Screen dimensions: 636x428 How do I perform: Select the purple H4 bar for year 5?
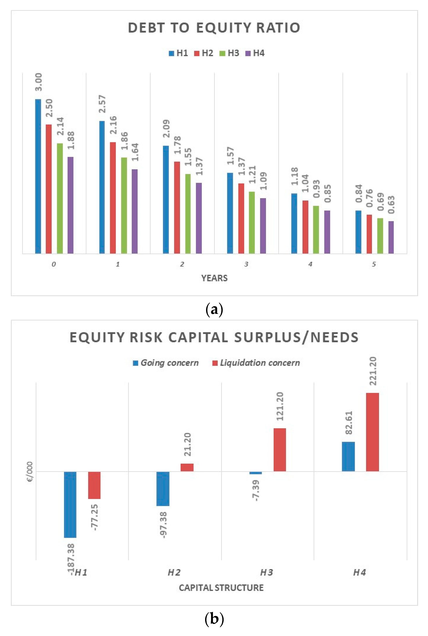point(391,237)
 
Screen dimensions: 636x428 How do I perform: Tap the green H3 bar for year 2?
point(188,214)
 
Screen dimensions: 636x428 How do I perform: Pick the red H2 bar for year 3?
point(241,218)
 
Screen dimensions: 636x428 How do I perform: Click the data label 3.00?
point(38,82)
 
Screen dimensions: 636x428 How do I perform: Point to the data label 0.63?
point(391,205)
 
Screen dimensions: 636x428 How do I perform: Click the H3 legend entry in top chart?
point(230,53)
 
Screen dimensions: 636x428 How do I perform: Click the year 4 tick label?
point(310,264)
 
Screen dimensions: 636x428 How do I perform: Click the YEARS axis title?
point(214,278)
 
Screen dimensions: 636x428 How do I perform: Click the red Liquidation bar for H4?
point(372,432)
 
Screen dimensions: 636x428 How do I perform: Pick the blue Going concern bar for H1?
point(70,504)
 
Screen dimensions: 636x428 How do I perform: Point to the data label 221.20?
point(373,371)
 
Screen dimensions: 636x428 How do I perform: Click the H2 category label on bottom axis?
point(174,572)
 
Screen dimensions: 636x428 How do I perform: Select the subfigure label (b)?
point(214,619)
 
